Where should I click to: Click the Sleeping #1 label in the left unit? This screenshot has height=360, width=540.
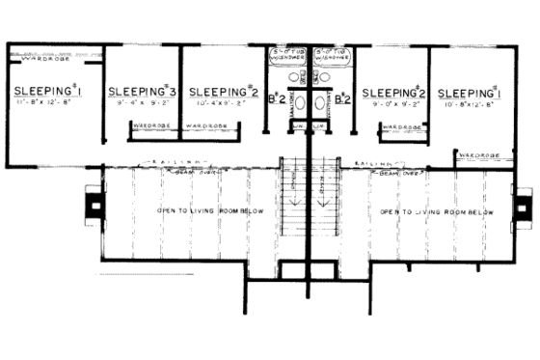tap(49, 92)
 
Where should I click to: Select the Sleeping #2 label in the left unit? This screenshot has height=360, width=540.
tap(221, 87)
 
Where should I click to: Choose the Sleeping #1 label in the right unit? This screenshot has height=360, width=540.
tap(470, 93)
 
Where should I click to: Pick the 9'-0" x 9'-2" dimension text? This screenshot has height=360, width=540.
tap(393, 105)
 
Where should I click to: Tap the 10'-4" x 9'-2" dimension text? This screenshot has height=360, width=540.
tap(220, 100)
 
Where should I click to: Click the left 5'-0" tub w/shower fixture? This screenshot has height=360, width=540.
tap(285, 55)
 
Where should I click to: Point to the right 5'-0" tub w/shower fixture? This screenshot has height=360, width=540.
tap(331, 55)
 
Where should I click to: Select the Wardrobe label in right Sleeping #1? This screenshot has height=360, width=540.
tap(478, 153)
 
